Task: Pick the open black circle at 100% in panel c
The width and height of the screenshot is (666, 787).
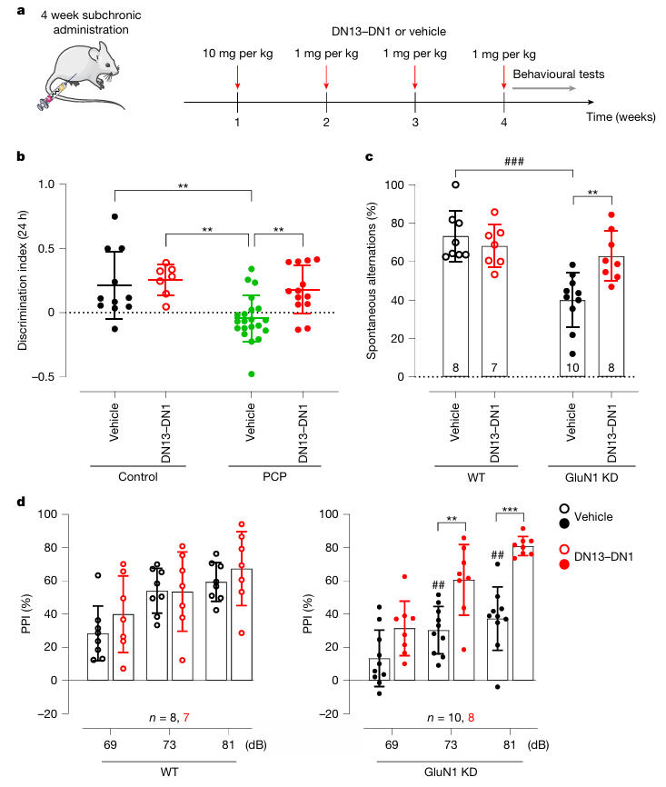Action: (x=455, y=184)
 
